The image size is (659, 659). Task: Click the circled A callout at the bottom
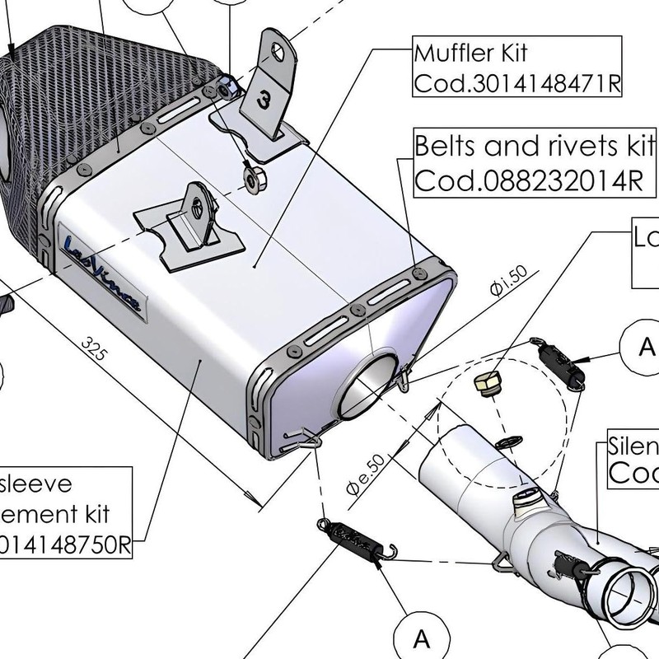click(421, 638)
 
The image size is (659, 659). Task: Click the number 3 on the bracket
click(263, 101)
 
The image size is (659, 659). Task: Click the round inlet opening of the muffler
click(374, 390)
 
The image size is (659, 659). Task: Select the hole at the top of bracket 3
click(278, 49)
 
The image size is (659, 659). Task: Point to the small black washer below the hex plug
click(511, 437)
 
